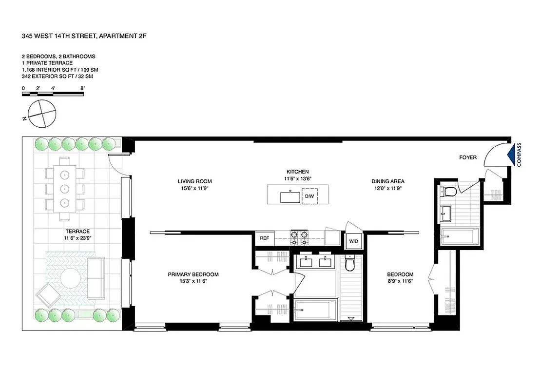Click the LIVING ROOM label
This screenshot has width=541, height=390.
tap(194, 181)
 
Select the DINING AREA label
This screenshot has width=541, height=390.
tap(388, 181)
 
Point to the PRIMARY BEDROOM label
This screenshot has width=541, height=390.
tap(193, 274)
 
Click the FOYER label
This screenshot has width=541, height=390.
tap(467, 157)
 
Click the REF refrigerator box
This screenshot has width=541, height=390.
tap(264, 238)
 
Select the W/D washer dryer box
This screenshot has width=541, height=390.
tap(352, 241)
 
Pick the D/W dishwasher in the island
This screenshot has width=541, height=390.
tap(309, 196)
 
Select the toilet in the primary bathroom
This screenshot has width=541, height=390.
tap(349, 264)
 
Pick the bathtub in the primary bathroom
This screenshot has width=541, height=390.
tap(315, 309)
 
